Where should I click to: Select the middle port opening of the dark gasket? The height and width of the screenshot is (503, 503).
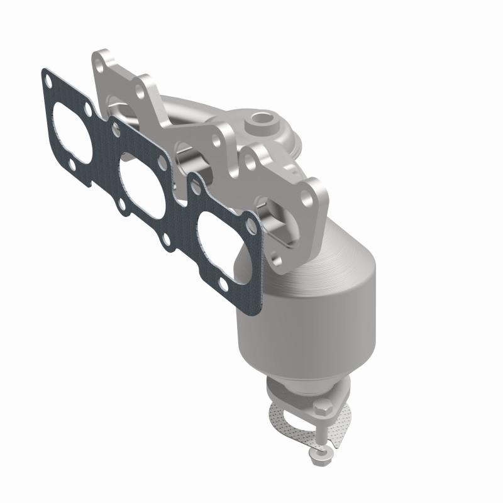coord(142,182)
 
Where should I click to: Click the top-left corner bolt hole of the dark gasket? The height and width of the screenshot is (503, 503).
coord(48,79)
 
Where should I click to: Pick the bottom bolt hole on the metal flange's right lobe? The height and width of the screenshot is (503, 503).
coord(277,257)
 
